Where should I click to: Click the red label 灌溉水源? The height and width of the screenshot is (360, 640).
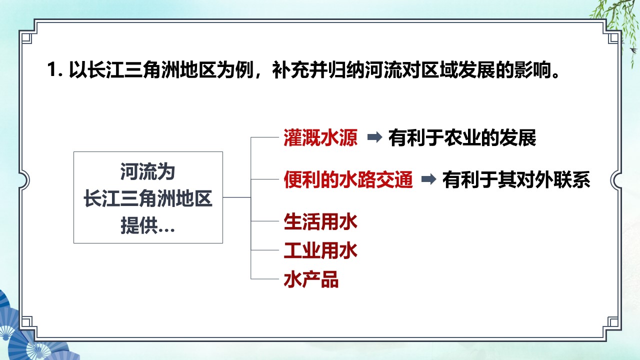tap(320, 137)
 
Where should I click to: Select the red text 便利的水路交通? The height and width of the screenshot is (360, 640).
tap(348, 179)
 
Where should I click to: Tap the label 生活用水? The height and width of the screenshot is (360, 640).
tap(320, 221)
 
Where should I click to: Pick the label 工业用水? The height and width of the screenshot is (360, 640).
tap(320, 250)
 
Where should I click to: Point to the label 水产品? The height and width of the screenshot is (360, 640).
tap(311, 279)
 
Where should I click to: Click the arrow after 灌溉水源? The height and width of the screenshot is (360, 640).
tap(374, 137)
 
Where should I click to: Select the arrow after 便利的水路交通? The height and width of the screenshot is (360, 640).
tap(428, 179)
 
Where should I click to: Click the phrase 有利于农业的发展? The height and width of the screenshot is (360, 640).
tap(462, 137)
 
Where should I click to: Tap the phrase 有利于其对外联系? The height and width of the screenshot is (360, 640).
tap(516, 179)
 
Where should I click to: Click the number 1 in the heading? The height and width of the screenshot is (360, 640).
tap(51, 69)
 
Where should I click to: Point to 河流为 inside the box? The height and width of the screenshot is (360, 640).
tap(147, 171)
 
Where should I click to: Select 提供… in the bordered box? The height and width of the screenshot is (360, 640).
tap(147, 225)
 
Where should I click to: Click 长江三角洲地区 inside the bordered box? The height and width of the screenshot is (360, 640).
tap(147, 198)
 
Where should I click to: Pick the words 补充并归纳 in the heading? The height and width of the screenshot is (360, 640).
tap(318, 69)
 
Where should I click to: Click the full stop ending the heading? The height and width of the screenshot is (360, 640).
tap(555, 75)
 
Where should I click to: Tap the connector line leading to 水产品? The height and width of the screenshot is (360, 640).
tap(265, 279)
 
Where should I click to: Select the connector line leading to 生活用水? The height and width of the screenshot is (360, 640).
tap(265, 221)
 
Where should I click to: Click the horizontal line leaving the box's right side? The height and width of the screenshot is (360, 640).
tap(237, 197)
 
